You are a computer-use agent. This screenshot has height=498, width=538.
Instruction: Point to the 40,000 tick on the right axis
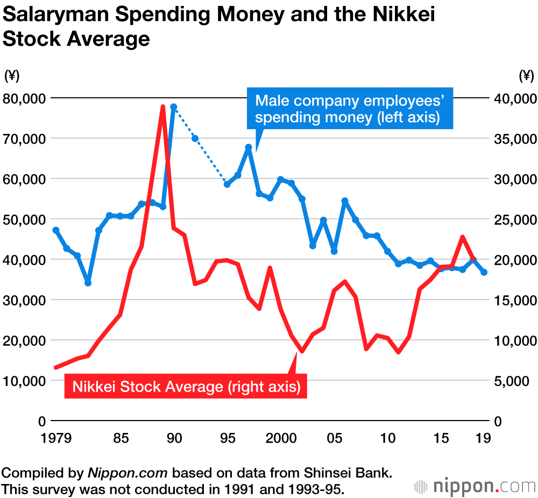[513, 98]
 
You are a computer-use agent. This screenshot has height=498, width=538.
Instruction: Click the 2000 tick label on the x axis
[280, 438]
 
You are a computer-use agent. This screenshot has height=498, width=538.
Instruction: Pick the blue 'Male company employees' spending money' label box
[349, 108]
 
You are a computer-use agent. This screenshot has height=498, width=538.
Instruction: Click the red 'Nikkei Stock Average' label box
[186, 386]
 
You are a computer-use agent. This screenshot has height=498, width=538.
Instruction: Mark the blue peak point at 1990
[173, 107]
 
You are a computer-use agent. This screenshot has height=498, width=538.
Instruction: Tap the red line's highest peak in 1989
[162, 107]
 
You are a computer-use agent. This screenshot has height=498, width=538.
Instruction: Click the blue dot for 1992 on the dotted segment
[195, 138]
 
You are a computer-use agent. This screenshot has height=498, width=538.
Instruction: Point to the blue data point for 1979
[56, 230]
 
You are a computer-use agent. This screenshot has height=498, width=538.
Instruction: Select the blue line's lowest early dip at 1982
[88, 282]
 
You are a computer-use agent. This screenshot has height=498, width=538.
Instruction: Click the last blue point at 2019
[484, 272]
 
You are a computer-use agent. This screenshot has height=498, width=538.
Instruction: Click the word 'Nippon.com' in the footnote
[128, 473]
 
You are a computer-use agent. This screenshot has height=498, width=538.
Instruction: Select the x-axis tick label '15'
[441, 438]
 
